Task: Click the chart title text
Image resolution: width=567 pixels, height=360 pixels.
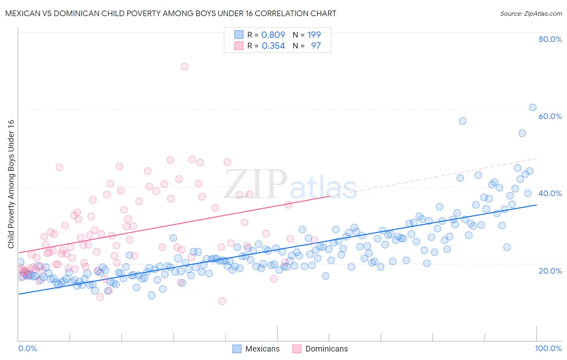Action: point(171,13)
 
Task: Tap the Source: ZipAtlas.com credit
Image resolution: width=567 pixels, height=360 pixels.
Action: point(531,13)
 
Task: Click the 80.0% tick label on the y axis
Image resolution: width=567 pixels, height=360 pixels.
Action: point(550,39)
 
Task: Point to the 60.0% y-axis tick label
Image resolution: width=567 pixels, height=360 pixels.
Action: point(550,116)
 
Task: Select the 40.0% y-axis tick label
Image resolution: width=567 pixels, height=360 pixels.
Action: point(550,193)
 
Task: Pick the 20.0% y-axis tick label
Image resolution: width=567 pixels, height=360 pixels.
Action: point(550,270)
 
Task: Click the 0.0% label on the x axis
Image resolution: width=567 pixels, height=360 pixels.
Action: point(27,348)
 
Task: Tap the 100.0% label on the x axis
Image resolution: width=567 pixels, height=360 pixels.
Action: point(548,348)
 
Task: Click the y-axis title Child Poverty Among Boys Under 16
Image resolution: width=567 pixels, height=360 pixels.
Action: point(11,184)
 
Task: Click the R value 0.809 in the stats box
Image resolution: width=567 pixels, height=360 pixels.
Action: point(273,35)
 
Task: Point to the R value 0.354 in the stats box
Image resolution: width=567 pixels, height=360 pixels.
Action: point(273,46)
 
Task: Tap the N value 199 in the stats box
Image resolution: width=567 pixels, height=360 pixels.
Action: point(314,35)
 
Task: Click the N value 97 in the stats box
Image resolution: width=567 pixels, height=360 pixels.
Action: point(316,46)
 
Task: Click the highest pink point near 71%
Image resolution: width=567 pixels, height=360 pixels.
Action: point(184,67)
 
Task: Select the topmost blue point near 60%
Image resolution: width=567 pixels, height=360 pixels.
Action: point(533,107)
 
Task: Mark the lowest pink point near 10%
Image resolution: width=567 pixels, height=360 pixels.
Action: point(222,301)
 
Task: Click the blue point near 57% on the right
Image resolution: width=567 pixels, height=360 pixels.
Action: point(463,121)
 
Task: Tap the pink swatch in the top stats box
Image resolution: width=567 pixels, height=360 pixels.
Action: point(239,46)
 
